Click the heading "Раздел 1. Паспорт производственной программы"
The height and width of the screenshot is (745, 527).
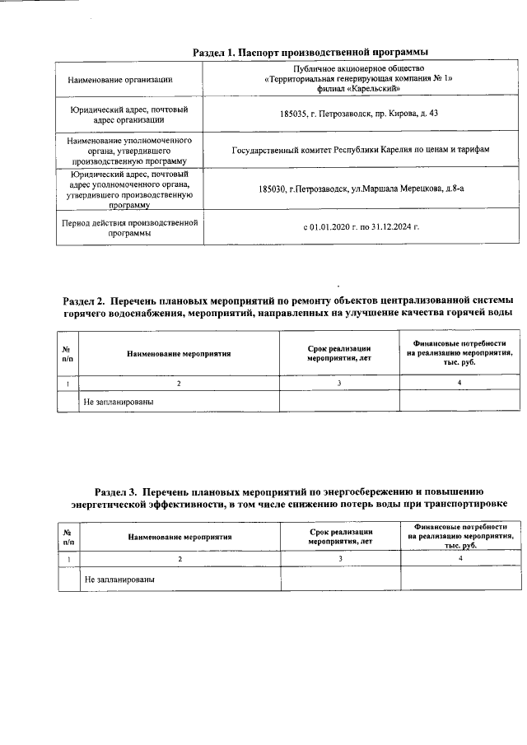coord(310,52)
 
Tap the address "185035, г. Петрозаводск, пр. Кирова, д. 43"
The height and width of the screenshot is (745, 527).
coord(358,113)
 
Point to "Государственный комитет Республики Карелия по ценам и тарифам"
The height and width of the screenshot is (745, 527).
coord(358,151)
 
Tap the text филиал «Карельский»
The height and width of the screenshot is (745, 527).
coord(359,88)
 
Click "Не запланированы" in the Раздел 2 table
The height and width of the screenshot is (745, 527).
coord(119,402)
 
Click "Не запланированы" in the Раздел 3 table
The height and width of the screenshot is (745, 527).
coord(119,579)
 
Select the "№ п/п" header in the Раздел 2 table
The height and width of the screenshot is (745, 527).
coord(66,353)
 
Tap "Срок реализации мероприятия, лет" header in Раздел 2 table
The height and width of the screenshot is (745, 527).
coord(339,353)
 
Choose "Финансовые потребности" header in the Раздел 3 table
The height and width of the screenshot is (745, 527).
coord(460,527)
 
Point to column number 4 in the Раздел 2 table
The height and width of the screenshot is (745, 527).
coord(459,382)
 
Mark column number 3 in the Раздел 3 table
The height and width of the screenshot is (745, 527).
coord(340,559)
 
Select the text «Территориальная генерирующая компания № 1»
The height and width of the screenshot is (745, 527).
coord(359,79)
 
